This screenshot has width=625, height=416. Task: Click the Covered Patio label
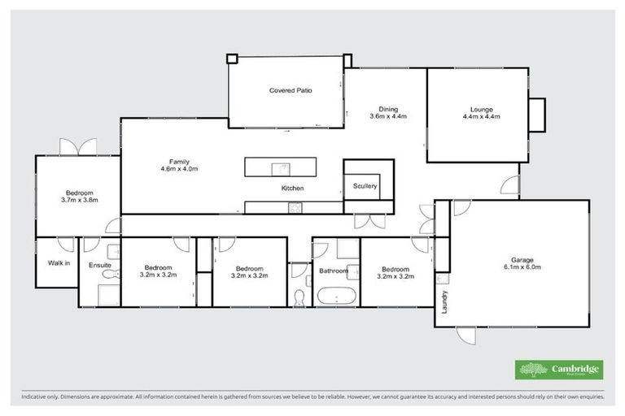click(x=291, y=90)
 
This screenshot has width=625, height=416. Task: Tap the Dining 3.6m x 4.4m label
click(x=387, y=113)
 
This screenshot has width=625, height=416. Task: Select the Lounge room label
click(x=481, y=113)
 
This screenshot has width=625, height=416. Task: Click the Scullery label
click(x=365, y=186)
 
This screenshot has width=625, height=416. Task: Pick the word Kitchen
click(x=292, y=188)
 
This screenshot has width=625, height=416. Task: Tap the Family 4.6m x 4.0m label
click(x=179, y=165)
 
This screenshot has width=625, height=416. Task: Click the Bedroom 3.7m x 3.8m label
click(x=79, y=196)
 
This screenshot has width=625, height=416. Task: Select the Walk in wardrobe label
click(x=59, y=262)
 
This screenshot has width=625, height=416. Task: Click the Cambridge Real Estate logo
click(x=559, y=370)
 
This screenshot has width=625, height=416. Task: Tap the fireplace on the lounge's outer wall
click(x=537, y=115)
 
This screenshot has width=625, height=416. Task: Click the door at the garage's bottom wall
click(x=467, y=333)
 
